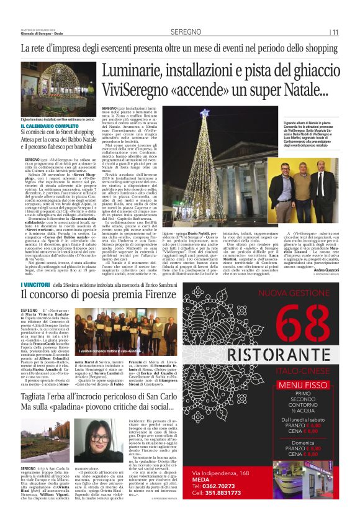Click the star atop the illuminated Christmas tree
tap(205, 113)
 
